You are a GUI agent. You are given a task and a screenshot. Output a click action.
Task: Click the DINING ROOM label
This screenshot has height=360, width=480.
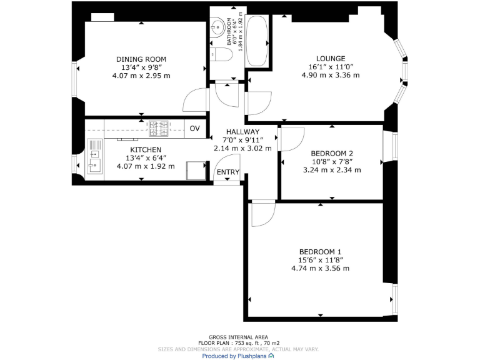[141, 59]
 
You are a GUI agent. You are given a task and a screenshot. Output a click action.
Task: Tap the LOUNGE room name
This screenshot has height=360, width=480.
[331, 59]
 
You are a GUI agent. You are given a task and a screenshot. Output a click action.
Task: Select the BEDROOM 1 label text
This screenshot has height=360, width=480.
[320, 252]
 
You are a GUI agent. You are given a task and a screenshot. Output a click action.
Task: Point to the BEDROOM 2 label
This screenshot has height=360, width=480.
[332, 153]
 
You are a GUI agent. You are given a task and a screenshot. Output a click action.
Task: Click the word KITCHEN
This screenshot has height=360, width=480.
[146, 150]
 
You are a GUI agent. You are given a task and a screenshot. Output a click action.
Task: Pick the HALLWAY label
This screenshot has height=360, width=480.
[242, 132]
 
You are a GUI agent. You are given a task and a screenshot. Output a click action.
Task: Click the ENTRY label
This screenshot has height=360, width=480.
[228, 172]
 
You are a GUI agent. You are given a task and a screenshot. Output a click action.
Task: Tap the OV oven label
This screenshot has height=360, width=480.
[194, 129]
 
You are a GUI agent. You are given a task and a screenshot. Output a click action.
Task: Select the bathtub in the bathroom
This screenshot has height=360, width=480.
[256, 41]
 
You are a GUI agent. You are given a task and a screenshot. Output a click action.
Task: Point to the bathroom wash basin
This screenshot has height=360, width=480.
[217, 27]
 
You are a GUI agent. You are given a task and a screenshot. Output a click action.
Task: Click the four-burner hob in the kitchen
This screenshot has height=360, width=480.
[158, 129]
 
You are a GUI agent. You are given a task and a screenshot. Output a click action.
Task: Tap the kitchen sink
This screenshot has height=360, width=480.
[95, 159]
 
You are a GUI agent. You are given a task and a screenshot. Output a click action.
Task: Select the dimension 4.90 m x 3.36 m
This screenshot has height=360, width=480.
[331, 75]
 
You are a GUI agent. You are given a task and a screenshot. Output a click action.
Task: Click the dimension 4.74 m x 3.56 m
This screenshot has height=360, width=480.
[320, 268]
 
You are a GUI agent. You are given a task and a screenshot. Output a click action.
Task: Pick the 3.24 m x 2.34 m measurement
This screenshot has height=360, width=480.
[332, 169]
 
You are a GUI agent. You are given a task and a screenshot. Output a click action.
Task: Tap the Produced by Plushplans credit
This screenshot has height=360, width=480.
[237, 356]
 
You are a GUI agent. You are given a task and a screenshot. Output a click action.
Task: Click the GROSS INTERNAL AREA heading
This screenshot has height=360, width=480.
[239, 337]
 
